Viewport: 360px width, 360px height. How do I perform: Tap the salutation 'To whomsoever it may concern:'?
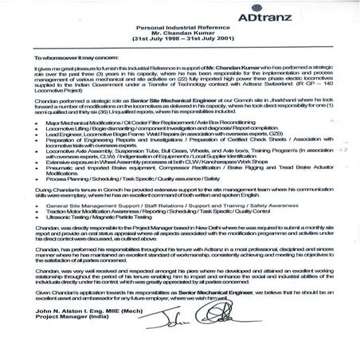tap(68, 59)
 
